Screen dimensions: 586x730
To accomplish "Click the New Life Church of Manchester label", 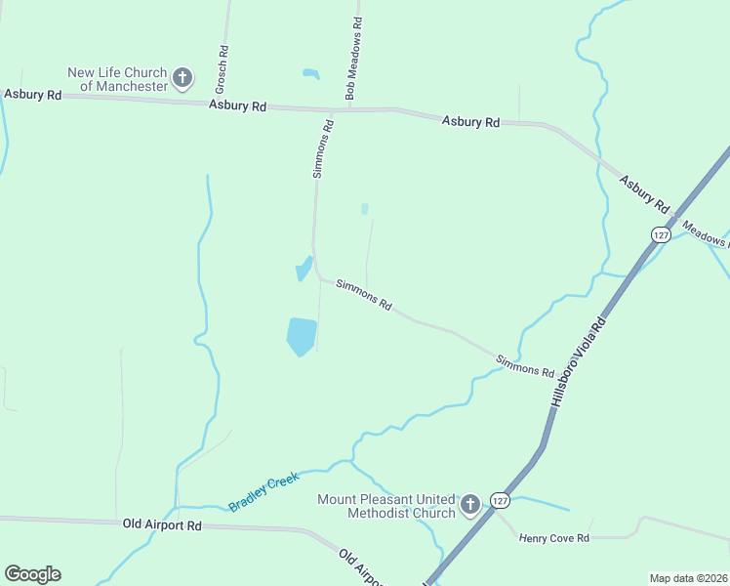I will (x=117, y=79).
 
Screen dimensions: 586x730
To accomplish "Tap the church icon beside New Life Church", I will (x=182, y=78).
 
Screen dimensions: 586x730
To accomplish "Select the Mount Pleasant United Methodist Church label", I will (x=386, y=506).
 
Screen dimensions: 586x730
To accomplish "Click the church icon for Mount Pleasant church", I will (x=470, y=505).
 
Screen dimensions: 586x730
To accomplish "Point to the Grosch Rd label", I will (x=223, y=63).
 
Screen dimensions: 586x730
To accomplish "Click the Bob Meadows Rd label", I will (x=353, y=58).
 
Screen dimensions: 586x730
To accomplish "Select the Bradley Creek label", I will (x=264, y=492).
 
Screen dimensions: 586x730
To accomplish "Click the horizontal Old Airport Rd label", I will (x=162, y=524).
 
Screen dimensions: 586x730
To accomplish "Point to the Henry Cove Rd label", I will (x=554, y=538).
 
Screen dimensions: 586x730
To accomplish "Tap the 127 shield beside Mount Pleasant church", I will (x=500, y=500).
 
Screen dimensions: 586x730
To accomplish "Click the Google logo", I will (x=32, y=574).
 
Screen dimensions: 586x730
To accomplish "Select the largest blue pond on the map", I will (x=302, y=336).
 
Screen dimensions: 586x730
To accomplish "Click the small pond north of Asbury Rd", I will (x=311, y=73).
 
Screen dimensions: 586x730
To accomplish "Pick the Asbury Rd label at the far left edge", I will (x=32, y=95).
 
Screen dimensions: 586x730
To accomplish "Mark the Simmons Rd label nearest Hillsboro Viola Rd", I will (x=525, y=365).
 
